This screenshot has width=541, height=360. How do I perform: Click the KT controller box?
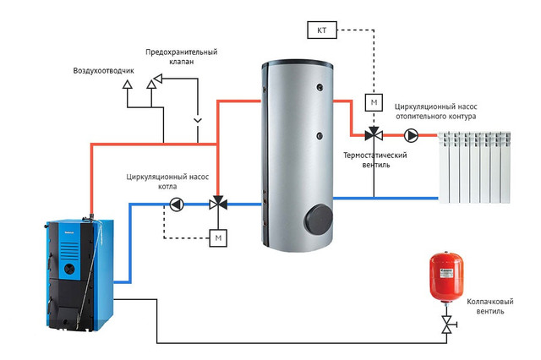pos(321,30)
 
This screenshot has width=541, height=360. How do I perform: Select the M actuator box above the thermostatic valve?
pos(374,102)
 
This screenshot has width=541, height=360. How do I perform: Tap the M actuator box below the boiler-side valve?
pos(218,238)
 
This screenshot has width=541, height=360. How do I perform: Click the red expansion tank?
pos(446,277)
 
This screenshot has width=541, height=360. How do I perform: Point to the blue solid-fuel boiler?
pos(79,274)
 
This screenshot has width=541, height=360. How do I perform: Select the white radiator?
pos(474,167)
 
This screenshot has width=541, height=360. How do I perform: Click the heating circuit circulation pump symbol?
pos(411,135)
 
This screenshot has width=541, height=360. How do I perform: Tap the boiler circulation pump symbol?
pos(177,205)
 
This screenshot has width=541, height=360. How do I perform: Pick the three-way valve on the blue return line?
pos(218,204)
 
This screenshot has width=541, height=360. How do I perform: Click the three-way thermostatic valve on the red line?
pos(374,134)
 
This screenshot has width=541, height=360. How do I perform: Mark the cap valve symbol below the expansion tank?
pos(447,325)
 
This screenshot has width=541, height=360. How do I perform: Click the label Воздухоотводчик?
pos(103,71)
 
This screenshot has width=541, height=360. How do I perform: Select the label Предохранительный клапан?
pos(182,57)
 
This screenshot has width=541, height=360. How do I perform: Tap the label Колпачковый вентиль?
pos(490,306)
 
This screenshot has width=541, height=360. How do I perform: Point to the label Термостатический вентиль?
pos(375,160)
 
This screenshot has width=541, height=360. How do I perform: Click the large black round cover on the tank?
pos(318,219)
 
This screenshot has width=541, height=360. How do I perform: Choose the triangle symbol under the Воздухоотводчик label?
pos(128,85)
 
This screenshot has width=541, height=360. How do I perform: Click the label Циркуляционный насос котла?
pos(167,182)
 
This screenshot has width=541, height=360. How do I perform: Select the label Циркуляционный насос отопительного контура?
pos(436,112)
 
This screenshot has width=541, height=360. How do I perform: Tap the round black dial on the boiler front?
pos(69,269)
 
